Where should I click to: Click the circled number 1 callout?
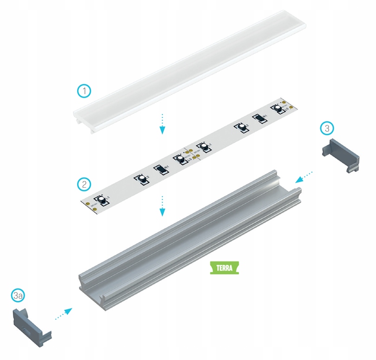[x=84, y=91]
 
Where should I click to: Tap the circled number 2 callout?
[x=84, y=184]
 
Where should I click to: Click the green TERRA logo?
[x=224, y=268]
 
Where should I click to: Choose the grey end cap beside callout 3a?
[x=31, y=323]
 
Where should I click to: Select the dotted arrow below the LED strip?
[x=162, y=206]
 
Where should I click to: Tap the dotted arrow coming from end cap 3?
[x=304, y=177]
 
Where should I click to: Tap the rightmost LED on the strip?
[x=278, y=108]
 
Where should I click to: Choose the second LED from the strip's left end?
[x=141, y=178]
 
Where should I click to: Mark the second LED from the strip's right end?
[x=241, y=127]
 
